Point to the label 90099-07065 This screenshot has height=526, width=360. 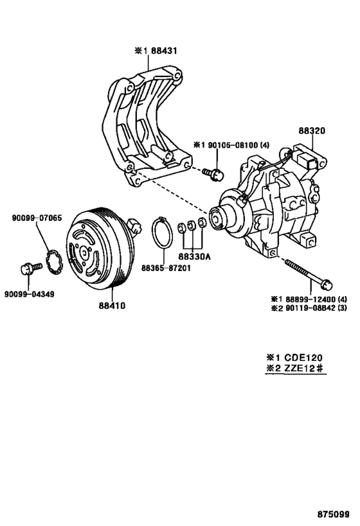click(x=37, y=218)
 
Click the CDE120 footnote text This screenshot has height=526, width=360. click(x=297, y=358)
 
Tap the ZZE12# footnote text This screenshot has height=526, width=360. click(x=297, y=369)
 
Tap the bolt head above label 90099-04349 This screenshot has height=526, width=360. click(x=27, y=269)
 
